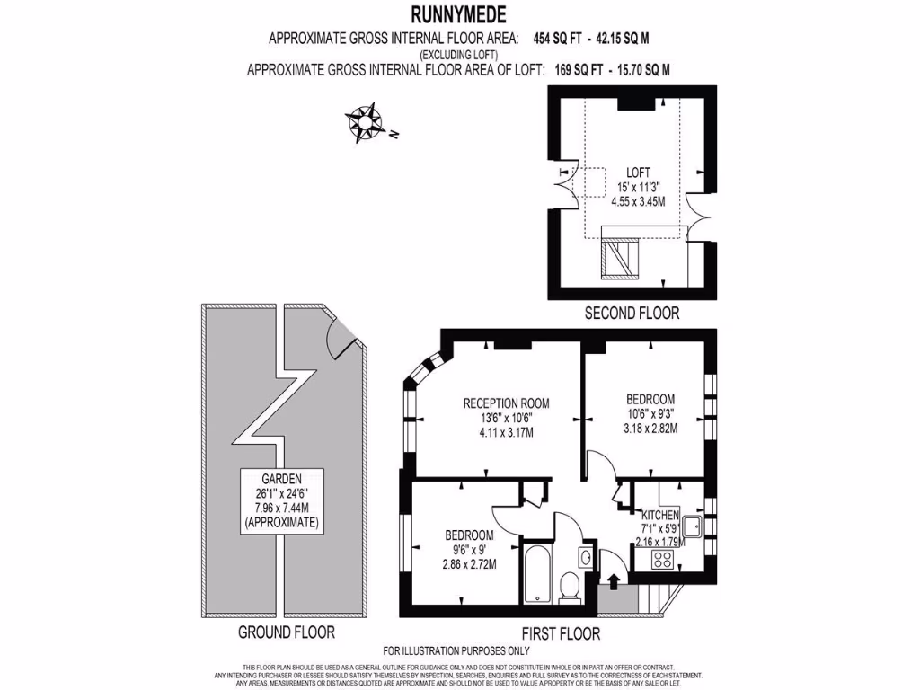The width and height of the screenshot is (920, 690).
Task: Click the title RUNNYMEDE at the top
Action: tap(458, 13)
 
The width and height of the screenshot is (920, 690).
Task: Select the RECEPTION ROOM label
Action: tap(506, 403)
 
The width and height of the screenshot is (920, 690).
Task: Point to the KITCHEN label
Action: tap(659, 515)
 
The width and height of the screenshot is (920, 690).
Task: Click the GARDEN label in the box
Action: tap(283, 479)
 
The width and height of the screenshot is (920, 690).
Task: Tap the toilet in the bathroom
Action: tap(568, 587)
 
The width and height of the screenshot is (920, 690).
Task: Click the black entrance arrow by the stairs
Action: tap(613, 580)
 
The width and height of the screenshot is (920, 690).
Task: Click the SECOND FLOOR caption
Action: tap(632, 314)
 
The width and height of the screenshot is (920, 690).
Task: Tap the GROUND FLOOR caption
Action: tap(286, 632)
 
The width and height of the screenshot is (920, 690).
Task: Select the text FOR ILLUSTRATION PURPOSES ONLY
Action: tap(456, 650)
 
